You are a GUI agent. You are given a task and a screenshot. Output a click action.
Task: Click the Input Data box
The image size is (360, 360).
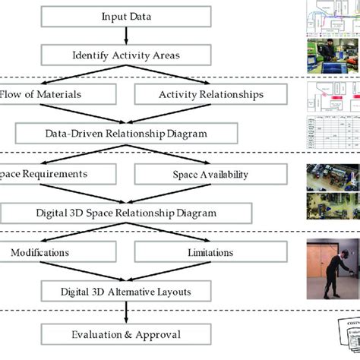click(125, 16)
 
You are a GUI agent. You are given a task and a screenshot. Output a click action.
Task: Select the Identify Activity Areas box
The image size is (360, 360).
click(125, 55)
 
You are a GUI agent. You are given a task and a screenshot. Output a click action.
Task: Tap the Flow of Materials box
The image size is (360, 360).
click(57, 94)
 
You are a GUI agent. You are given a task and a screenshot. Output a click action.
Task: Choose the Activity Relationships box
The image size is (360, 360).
click(210, 94)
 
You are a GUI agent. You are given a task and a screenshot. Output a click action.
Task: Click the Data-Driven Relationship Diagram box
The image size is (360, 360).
click(125, 134)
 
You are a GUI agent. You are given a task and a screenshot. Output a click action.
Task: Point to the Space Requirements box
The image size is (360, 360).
click(57, 174)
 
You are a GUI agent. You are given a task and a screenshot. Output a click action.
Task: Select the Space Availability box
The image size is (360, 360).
click(210, 175)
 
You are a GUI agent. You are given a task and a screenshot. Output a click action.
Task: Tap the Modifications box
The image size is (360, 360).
click(57, 253)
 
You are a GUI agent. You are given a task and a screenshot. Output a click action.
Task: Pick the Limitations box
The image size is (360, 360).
click(210, 253)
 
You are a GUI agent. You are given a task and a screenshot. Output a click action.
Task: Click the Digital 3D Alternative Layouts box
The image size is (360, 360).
click(125, 292)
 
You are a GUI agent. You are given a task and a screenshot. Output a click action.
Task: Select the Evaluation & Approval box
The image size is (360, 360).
click(125, 333)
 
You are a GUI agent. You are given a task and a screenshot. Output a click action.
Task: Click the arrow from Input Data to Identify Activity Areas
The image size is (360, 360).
click(125, 35)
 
